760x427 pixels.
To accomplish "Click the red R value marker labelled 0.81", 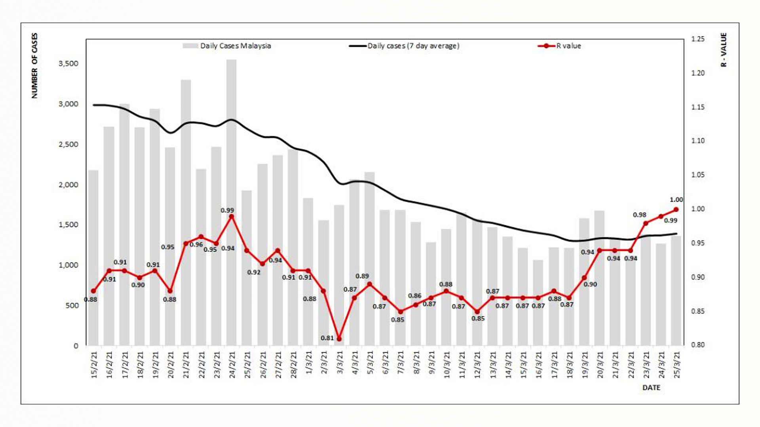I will click(x=339, y=339).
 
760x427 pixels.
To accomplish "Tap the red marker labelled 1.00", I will click(x=676, y=210).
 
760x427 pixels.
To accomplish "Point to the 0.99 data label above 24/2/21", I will click(x=227, y=210).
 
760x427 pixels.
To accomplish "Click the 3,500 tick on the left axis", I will click(x=68, y=64).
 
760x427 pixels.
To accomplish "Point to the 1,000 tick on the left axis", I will click(x=68, y=265).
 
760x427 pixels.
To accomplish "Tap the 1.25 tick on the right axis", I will click(x=698, y=39).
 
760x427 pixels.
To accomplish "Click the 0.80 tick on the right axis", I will click(x=698, y=345).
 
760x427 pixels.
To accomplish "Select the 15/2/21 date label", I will click(x=94, y=365).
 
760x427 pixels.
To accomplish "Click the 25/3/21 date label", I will click(x=677, y=365).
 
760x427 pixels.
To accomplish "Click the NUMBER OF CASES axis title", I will click(x=35, y=66).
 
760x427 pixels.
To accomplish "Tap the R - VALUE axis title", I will click(x=724, y=50).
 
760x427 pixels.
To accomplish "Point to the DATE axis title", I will click(x=651, y=387).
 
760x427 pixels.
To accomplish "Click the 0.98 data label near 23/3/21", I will click(x=639, y=215).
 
